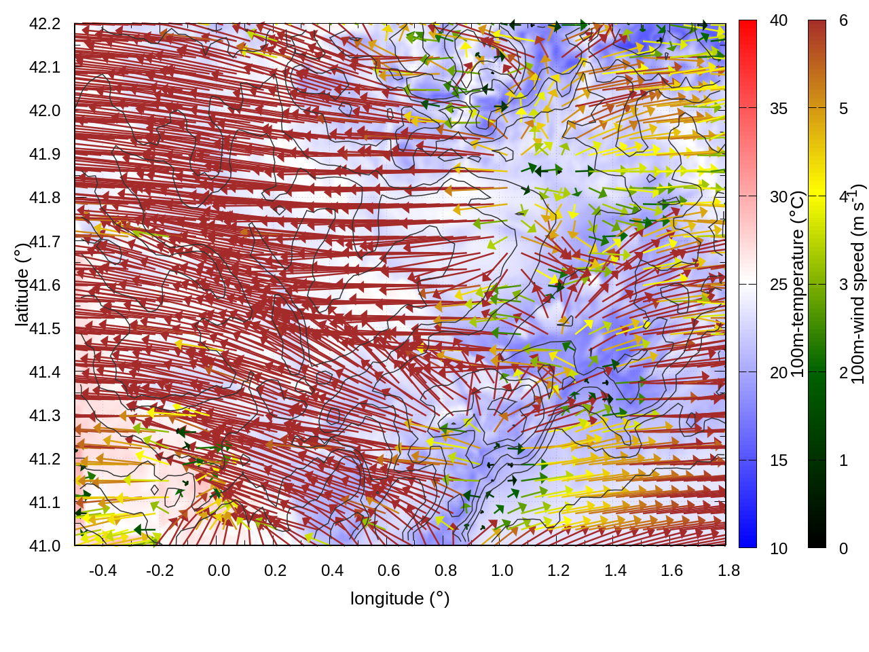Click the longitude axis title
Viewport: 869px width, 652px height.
pyautogui.click(x=400, y=598)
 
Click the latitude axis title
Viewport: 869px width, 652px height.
pyautogui.click(x=22, y=284)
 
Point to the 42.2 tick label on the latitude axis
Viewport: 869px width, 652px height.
pyautogui.click(x=45, y=24)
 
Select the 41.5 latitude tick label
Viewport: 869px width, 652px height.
pyautogui.click(x=45, y=329)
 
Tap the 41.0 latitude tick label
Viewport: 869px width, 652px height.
pyautogui.click(x=45, y=546)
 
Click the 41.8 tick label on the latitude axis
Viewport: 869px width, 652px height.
pyautogui.click(x=45, y=198)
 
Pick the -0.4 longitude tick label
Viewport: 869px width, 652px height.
pyautogui.click(x=103, y=570)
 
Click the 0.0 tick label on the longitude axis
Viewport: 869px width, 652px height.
pyautogui.click(x=219, y=570)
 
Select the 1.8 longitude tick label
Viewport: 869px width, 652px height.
pyautogui.click(x=728, y=570)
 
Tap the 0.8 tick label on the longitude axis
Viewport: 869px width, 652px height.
pyautogui.click(x=445, y=570)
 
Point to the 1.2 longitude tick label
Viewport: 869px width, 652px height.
pyautogui.click(x=559, y=570)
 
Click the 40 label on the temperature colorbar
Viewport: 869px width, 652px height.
pyautogui.click(x=779, y=21)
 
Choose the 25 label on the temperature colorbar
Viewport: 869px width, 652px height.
pyautogui.click(x=779, y=285)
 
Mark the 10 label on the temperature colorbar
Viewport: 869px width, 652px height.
pyautogui.click(x=779, y=549)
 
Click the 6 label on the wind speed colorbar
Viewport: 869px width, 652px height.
pyautogui.click(x=843, y=21)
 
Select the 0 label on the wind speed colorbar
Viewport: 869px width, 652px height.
pyautogui.click(x=843, y=549)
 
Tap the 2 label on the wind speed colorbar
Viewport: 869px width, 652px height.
pyautogui.click(x=843, y=373)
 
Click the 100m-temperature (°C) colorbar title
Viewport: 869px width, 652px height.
pyautogui.click(x=798, y=284)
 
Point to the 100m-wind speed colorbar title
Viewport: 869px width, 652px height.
pyautogui.click(x=858, y=284)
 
